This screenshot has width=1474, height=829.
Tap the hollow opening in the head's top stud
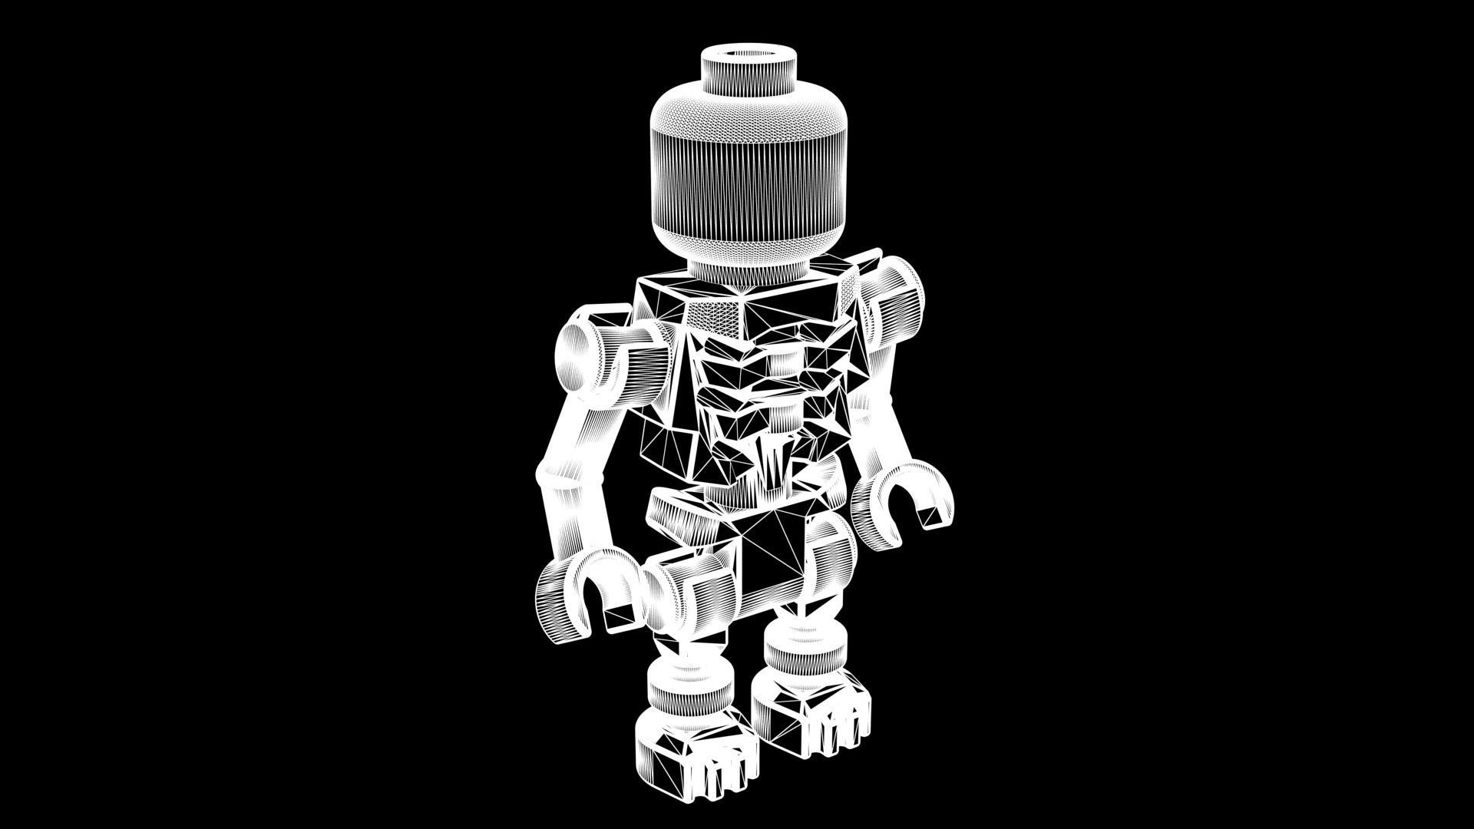coord(748,54)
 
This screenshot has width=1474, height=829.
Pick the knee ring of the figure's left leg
coord(806,652)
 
